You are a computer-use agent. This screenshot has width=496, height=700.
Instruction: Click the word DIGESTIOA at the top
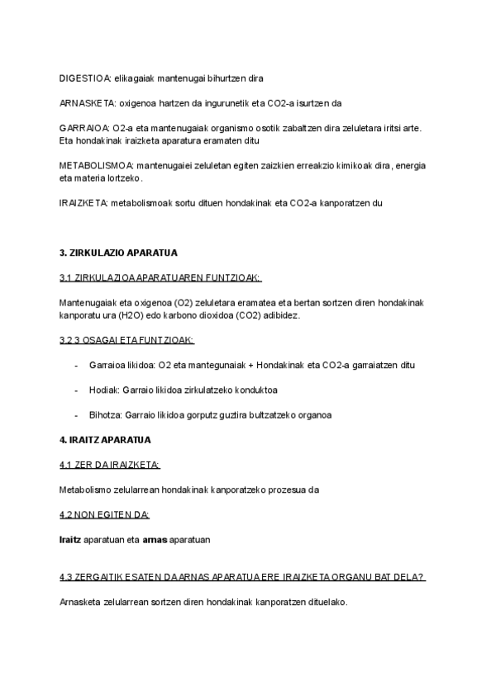coord(83,78)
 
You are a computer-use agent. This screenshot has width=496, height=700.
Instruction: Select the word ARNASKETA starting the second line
coord(85,103)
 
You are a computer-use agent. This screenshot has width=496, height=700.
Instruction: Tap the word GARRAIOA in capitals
coord(82,129)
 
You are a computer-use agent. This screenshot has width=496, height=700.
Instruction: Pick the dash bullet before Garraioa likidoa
coord(76,364)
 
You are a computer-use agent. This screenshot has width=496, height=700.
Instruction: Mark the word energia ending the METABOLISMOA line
coord(410,165)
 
